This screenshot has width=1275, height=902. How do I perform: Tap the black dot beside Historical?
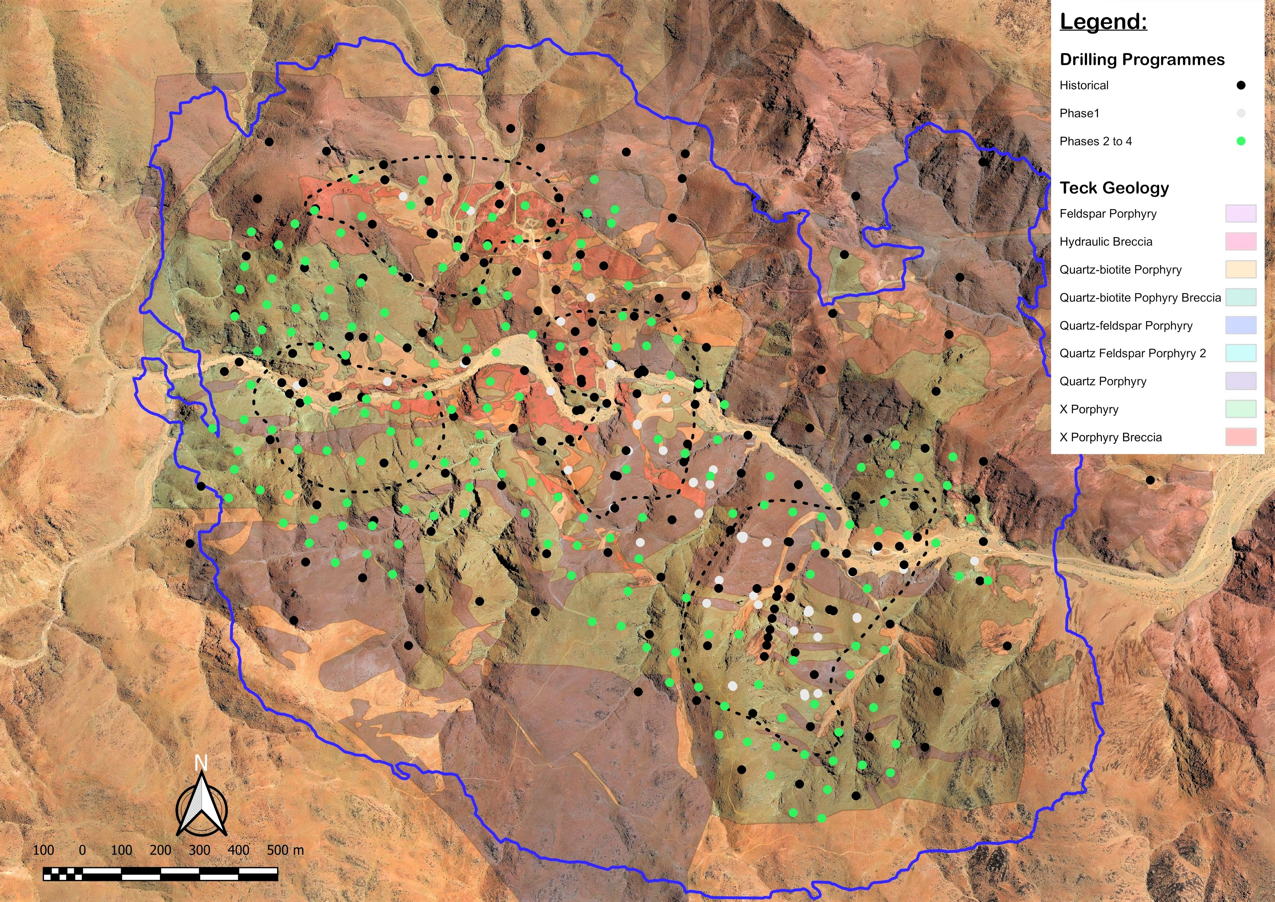click(x=1240, y=85)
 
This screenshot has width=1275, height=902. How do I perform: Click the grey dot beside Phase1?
click(x=1240, y=113)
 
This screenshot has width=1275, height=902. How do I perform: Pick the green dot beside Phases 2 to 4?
click(x=1240, y=141)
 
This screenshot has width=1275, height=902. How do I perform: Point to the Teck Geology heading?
click(x=1114, y=188)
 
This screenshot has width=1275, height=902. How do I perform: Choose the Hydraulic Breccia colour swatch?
click(x=1240, y=242)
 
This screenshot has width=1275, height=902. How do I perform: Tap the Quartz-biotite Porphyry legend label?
click(x=1120, y=270)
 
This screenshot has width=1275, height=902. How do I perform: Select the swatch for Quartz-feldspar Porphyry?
click(x=1240, y=326)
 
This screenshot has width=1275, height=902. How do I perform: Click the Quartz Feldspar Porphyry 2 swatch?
click(x=1240, y=353)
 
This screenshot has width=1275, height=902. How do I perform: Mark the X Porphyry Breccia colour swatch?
click(x=1240, y=437)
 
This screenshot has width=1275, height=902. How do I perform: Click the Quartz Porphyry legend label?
click(x=1102, y=382)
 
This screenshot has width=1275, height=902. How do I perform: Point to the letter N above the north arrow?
click(x=201, y=764)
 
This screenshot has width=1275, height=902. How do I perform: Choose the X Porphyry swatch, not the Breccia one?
click(x=1240, y=409)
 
